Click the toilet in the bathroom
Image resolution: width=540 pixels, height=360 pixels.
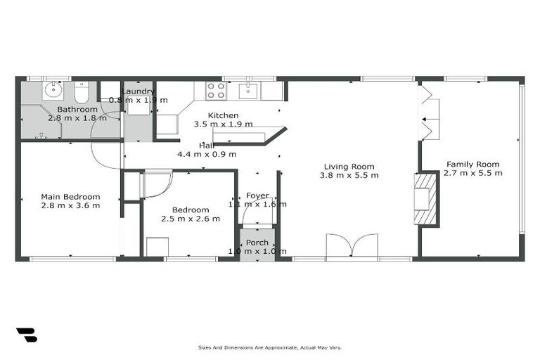(81, 92)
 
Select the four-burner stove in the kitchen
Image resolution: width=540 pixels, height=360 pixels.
(215, 91)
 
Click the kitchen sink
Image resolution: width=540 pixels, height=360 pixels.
(248, 91)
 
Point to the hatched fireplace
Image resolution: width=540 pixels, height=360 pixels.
(425, 199)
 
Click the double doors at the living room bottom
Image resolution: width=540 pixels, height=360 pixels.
(353, 247)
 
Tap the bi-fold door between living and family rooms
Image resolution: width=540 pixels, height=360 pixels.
(427, 112)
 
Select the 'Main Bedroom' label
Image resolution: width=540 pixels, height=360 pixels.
(70, 197)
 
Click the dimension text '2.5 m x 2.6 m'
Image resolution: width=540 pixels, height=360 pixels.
(191, 219)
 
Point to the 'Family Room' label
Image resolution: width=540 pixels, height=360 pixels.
(474, 164)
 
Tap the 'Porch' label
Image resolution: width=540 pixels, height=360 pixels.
(257, 243)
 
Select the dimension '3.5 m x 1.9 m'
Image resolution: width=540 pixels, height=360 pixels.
(223, 124)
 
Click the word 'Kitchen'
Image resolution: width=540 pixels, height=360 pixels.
(223, 115)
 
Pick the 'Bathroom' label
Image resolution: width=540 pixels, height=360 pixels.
(77, 109)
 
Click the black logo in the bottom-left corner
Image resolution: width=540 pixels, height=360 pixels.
(26, 335)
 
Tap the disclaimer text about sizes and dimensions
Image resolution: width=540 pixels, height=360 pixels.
(270, 347)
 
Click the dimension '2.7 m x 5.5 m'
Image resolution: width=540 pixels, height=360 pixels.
(474, 173)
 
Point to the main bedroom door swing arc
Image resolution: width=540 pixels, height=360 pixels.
(105, 156)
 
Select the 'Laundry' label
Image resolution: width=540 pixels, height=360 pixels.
(139, 91)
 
